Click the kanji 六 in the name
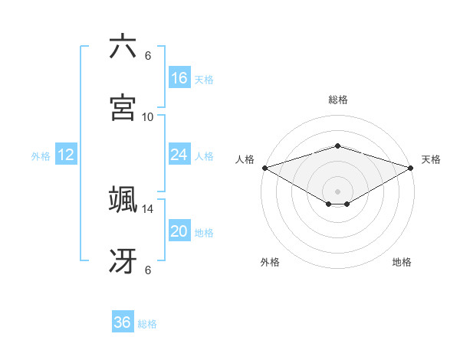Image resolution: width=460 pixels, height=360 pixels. (x=123, y=47)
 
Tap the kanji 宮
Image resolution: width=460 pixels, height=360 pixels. (x=123, y=108)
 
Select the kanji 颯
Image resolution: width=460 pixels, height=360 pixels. (x=123, y=200)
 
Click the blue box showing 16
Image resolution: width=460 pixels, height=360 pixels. (x=179, y=78)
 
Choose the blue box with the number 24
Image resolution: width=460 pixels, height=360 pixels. (x=179, y=155)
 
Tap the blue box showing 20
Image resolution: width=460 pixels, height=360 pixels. (x=179, y=231)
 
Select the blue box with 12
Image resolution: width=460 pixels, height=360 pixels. (x=66, y=155)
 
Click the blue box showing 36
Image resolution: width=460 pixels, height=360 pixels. (x=123, y=322)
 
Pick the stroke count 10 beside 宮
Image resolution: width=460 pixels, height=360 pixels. (x=148, y=117)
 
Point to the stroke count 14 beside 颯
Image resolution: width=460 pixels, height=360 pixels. (x=148, y=208)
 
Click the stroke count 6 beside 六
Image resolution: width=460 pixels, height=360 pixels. (x=148, y=56)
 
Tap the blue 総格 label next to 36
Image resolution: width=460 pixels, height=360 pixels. (x=147, y=324)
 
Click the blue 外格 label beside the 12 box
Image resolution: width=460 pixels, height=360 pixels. (x=41, y=156)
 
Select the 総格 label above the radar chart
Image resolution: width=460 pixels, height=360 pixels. (x=337, y=100)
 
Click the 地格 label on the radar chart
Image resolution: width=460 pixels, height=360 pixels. (x=402, y=262)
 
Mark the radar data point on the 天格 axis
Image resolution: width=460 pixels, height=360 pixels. (x=411, y=168)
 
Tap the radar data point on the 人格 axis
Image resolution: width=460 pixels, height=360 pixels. (x=264, y=168)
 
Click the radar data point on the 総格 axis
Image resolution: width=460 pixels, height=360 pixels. (x=337, y=146)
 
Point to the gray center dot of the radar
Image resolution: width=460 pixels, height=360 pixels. (x=337, y=191)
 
